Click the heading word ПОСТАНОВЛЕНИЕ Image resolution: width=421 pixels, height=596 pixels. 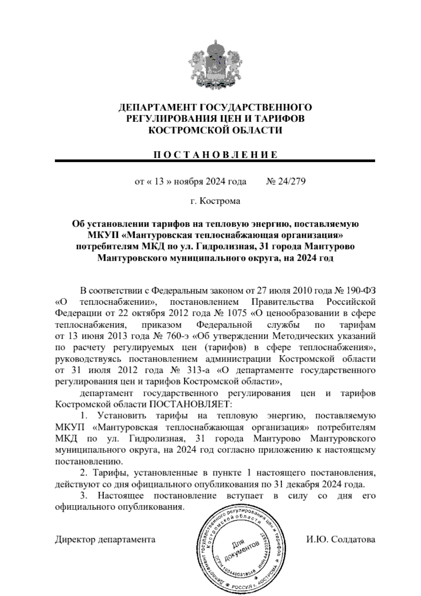tap(215, 155)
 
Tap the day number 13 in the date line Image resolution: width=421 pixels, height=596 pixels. tap(160, 182)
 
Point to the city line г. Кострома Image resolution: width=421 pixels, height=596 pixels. tap(215, 201)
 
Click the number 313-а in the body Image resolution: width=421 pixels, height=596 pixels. tap(199, 370)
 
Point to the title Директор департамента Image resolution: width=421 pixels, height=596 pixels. tap(105, 539)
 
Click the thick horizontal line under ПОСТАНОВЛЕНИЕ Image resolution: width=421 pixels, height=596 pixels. tap(215, 161)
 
